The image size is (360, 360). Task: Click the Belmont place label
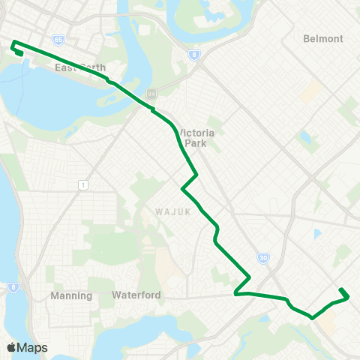coord(323,38)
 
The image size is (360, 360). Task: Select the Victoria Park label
coord(196,137)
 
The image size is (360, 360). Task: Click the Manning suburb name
coord(71,295)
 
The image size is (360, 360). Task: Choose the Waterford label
coord(136,295)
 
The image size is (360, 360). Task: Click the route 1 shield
coord(82,184)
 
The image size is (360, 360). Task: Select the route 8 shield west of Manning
coord(13,286)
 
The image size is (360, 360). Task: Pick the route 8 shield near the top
coord(194,54)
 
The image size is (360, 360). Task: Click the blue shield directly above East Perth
coord(58,39)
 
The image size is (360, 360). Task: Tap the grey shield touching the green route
coord(151,93)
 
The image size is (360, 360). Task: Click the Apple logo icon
coord(11,347)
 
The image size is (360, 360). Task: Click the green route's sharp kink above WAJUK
coord(196,175)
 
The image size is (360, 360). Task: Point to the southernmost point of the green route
coord(312,317)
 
